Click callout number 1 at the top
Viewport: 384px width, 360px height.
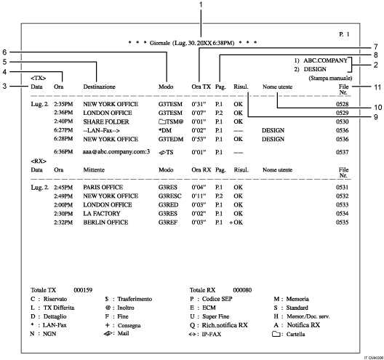(200, 5)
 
